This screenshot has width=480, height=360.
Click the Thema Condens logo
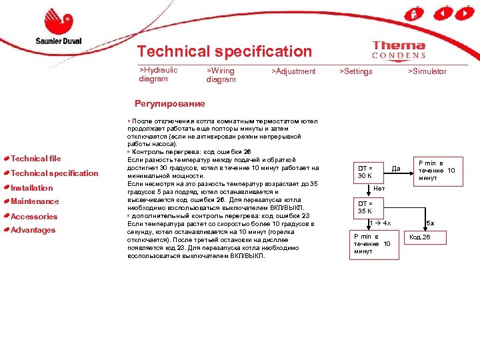399,51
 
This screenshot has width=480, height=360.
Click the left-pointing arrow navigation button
441,13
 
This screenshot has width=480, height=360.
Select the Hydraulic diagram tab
158,74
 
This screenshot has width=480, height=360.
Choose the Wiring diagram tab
221,75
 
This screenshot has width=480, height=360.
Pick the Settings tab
356,71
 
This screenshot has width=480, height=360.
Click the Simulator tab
427,71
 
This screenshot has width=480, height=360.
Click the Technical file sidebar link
36,159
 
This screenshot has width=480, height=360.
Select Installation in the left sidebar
32,188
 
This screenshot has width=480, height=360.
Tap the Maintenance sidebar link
35,201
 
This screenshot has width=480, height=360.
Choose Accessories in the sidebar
35,217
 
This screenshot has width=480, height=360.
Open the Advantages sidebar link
33,230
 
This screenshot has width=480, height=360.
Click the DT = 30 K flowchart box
368,171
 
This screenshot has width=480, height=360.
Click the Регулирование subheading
169,103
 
